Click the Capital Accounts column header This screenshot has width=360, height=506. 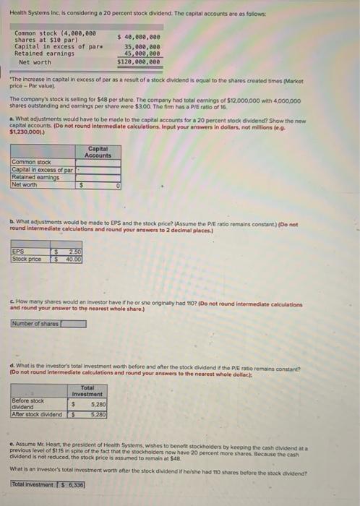click(x=98, y=153)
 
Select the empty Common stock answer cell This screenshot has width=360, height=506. click(x=98, y=163)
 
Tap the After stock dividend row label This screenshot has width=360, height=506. click(x=38, y=413)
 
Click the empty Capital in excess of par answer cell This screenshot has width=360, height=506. click(x=98, y=170)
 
